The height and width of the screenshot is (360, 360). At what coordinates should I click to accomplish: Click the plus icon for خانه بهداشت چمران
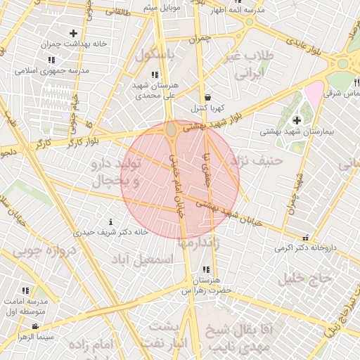point(73,33)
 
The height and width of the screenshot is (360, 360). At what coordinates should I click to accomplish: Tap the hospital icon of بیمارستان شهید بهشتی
point(296,120)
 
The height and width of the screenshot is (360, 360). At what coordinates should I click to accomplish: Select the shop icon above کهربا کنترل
point(207,98)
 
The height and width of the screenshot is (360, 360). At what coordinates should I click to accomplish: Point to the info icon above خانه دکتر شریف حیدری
point(110,221)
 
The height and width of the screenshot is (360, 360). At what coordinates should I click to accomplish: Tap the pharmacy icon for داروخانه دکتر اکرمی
point(304,238)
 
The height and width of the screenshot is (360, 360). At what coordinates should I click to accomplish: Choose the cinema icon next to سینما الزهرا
point(35,326)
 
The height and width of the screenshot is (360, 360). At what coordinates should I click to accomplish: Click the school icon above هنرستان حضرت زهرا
point(205,270)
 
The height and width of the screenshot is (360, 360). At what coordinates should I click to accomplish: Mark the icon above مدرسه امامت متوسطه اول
point(26,290)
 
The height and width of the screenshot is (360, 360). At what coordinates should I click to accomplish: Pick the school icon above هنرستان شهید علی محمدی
point(155,74)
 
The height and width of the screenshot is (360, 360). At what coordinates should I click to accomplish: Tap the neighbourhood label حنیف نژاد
point(261,161)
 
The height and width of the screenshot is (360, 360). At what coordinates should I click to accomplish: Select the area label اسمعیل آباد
point(146,259)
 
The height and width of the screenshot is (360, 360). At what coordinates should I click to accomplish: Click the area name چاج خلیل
point(304,278)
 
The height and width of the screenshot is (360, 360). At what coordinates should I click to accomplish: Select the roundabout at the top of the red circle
point(172,129)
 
